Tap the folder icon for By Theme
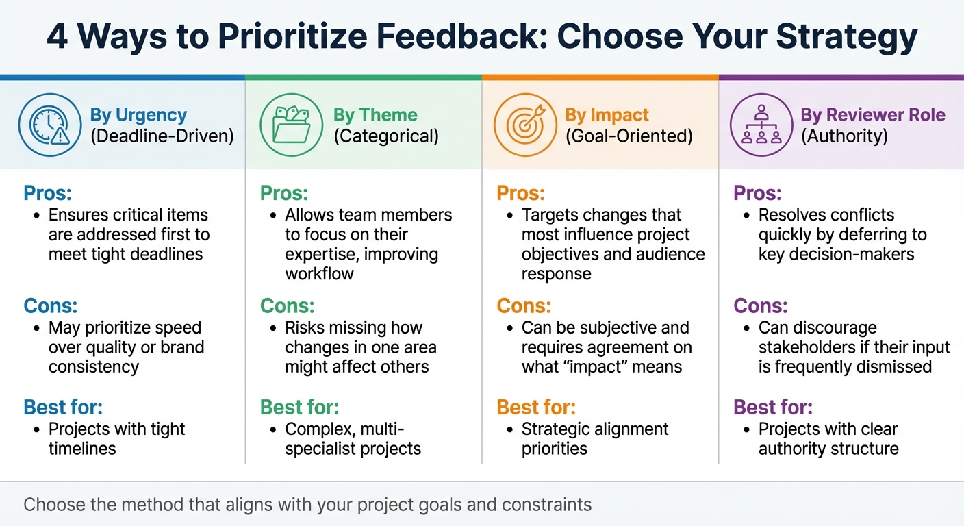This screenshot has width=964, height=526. (291, 125)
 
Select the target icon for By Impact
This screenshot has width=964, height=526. (524, 125)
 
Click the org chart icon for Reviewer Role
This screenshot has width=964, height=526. (761, 125)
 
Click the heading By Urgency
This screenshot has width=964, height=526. (138, 114)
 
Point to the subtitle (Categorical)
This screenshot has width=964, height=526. (386, 136)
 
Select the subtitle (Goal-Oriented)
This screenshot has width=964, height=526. (629, 136)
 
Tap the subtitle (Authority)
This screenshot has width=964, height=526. (844, 136)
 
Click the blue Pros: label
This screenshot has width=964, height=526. (47, 192)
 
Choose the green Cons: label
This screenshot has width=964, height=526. (287, 305)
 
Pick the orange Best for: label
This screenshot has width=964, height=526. (536, 407)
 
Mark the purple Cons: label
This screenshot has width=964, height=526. (761, 305)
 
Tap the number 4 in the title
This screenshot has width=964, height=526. (57, 37)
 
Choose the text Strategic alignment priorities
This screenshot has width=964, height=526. (594, 439)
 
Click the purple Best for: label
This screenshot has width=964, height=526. (773, 407)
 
